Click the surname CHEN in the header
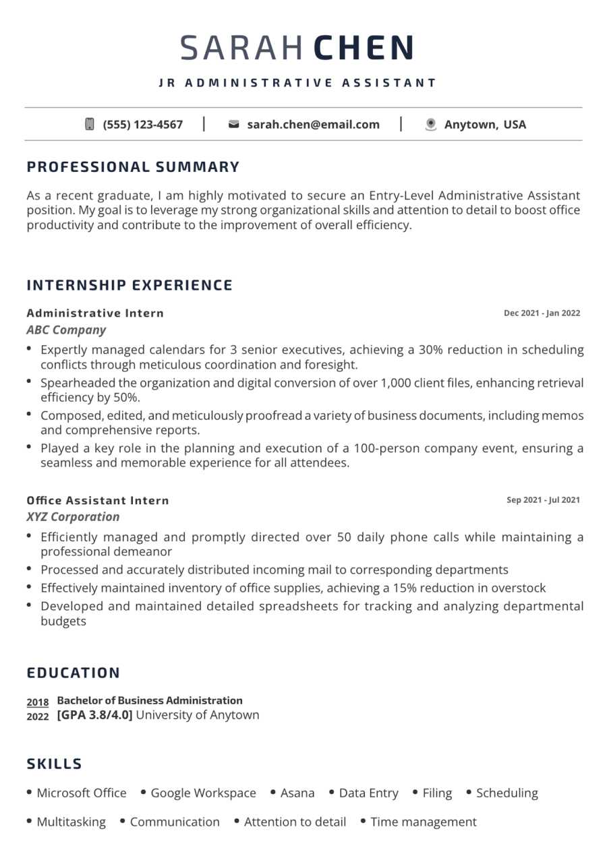pos(364,48)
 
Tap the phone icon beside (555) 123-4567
pos(90,124)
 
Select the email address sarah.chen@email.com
pos(313,124)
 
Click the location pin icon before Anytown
pos(431,124)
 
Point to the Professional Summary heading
pos(133,166)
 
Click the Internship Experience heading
pos(129,285)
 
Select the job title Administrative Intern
pos(95,313)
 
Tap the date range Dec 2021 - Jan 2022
pos(542,313)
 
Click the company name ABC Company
pos(66,330)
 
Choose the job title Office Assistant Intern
pos(98,500)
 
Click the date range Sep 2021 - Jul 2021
pos(543,500)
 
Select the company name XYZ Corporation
pos(73,517)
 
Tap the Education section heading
pos(74,673)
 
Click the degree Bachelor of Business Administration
pos(150,700)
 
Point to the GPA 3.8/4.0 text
pos(94,715)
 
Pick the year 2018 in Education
pos(38,702)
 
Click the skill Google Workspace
pos(203,793)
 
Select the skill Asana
pos(297,793)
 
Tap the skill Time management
pos(424,822)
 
